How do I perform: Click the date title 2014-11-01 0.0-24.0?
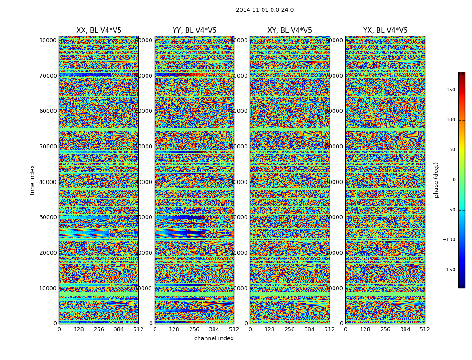(264, 10)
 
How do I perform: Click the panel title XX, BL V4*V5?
(99, 31)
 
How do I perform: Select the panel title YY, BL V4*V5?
(194, 31)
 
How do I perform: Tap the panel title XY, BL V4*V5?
(289, 31)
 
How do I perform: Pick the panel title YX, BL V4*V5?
(385, 31)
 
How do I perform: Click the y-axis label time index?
(32, 180)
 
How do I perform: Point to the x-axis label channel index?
(214, 338)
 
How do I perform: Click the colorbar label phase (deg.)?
(436, 180)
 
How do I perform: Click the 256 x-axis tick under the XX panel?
(99, 329)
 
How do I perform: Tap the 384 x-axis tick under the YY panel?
(214, 329)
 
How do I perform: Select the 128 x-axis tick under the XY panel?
(270, 329)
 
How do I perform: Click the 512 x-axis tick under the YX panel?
(425, 329)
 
